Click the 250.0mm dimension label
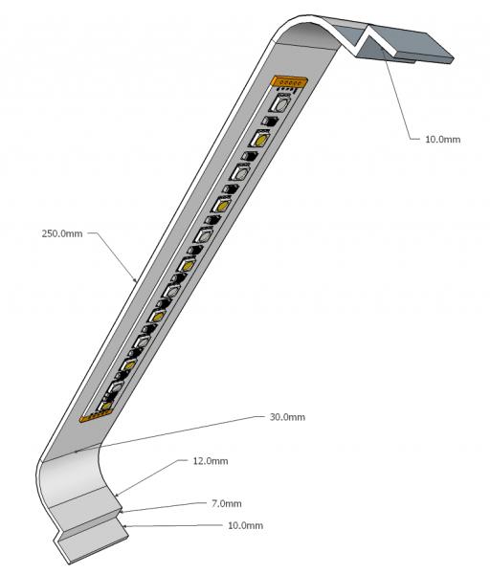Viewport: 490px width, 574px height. [x=62, y=233]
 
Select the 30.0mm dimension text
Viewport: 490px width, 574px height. [x=287, y=417]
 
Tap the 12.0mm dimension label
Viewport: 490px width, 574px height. [x=211, y=461]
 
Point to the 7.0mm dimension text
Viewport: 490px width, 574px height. [x=226, y=503]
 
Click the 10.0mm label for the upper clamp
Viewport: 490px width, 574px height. [x=442, y=139]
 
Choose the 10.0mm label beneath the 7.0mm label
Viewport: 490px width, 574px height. [x=245, y=525]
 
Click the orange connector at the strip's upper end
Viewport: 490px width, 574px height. [x=289, y=81]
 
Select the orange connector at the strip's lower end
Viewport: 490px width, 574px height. [x=95, y=415]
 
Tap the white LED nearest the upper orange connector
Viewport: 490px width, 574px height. [x=281, y=103]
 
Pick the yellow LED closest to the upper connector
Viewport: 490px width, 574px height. [x=260, y=139]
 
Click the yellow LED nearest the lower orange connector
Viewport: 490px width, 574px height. [x=106, y=405]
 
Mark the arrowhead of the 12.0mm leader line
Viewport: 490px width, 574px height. [x=118, y=495]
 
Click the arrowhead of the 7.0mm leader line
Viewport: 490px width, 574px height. [x=122, y=511]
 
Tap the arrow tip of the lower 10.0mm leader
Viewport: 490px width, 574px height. [x=125, y=526]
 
